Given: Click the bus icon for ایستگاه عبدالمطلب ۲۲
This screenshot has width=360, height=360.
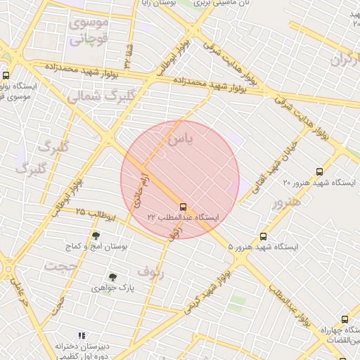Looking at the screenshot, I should (x=184, y=207).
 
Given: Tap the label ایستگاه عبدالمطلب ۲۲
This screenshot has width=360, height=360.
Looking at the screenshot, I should (x=184, y=219).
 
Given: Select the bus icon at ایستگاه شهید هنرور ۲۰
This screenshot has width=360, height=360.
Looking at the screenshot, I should (x=320, y=172).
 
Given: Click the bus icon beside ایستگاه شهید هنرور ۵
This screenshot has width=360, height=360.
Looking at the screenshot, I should (x=264, y=237).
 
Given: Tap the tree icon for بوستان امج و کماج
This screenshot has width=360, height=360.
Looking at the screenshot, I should (x=96, y=236).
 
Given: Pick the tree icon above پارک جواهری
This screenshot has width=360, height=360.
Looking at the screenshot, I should (x=112, y=277).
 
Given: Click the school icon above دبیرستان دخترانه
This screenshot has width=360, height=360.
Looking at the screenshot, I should (x=82, y=336).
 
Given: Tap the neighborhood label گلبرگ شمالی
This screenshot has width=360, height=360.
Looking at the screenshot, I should (x=94, y=98).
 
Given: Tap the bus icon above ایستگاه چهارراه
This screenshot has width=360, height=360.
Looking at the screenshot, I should (x=345, y=319).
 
